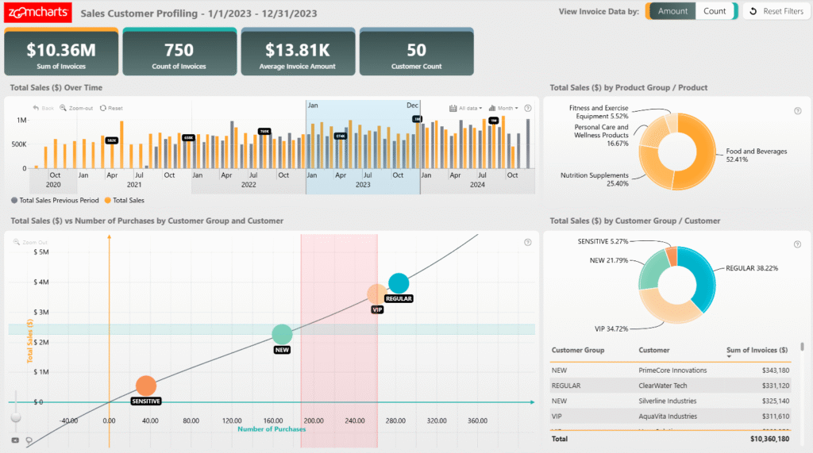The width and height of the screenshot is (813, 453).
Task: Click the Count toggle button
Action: (x=715, y=11)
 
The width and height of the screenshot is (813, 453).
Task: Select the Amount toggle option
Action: (x=672, y=11)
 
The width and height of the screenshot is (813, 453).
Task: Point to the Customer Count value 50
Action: (x=416, y=50)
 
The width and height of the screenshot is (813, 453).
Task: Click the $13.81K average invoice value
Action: (x=297, y=50)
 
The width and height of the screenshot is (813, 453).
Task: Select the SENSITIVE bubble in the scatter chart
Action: (x=145, y=386)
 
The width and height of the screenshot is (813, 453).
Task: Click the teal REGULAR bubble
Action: (x=399, y=283)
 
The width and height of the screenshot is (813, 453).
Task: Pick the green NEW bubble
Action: (x=282, y=335)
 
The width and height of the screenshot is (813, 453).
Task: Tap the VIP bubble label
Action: (x=377, y=309)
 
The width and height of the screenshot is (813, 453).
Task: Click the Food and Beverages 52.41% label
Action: (x=756, y=155)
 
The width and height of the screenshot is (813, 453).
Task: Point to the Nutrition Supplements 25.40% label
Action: (x=594, y=179)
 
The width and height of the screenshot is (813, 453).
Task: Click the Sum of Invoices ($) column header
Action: (x=757, y=350)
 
